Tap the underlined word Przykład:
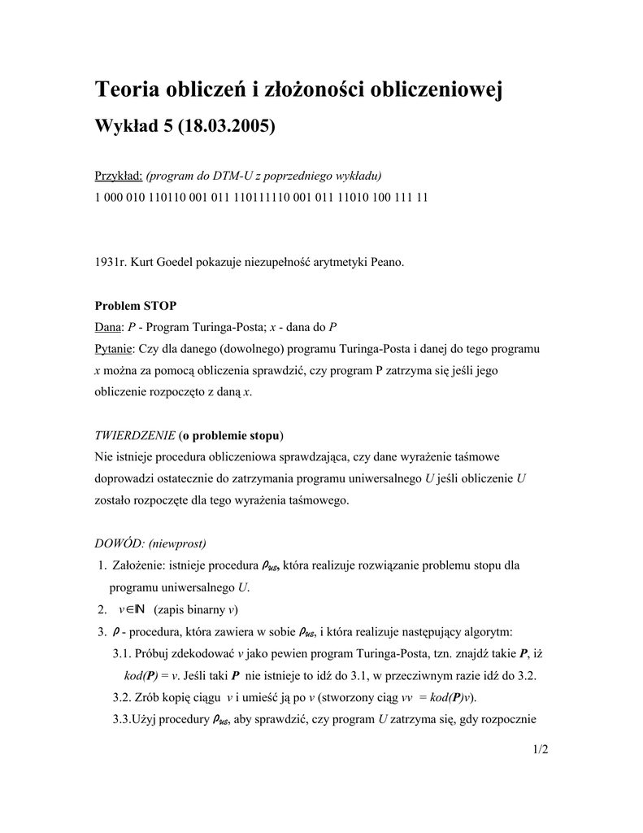pos(119,176)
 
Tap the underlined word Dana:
pos(109,327)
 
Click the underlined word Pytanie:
pos(115,348)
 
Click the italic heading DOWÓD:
pos(119,543)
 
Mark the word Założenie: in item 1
pos(139,565)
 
